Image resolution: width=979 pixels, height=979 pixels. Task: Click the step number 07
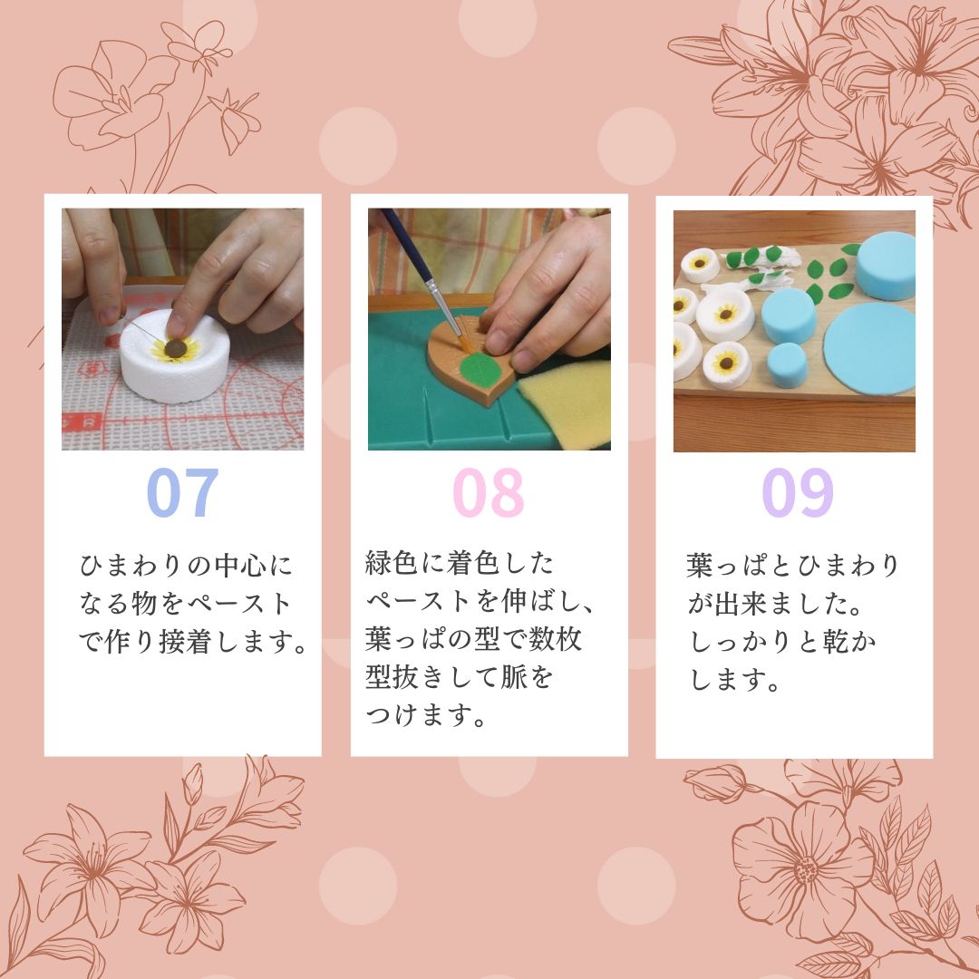pos(182,492)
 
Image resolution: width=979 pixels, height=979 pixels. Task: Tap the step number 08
pos(489,492)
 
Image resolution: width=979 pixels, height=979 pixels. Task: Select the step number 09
pos(798,492)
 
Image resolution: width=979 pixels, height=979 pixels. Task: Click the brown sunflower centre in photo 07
pos(176,349)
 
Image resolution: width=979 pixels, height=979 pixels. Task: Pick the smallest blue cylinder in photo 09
pos(787,364)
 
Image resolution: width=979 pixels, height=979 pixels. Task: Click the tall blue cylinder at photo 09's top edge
pos(886,266)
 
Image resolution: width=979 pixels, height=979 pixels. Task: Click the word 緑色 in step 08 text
pos(392,563)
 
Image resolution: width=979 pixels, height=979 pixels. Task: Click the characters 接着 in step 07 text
pos(186,642)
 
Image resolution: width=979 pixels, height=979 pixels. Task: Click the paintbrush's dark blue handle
pos(406,244)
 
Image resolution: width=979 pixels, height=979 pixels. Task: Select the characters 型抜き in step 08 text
pos(404,677)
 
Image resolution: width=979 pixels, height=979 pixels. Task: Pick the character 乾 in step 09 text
pos(836,642)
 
